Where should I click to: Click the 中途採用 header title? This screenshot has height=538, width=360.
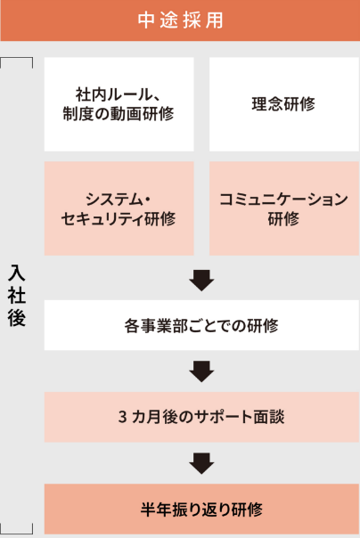pyautogui.click(x=181, y=20)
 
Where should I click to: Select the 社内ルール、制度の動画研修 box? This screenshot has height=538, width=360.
pyautogui.click(x=119, y=104)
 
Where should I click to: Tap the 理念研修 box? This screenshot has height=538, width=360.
pyautogui.click(x=284, y=104)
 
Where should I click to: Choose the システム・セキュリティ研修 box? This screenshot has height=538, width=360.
pyautogui.click(x=119, y=208)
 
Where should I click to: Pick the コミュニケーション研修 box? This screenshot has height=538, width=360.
pyautogui.click(x=284, y=208)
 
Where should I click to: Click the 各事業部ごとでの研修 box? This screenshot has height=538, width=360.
pyautogui.click(x=201, y=325)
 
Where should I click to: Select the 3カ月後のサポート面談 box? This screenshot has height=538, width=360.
pyautogui.click(x=201, y=417)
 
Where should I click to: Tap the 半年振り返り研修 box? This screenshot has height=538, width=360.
pyautogui.click(x=201, y=509)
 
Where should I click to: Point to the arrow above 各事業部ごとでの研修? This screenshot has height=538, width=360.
pyautogui.click(x=201, y=281)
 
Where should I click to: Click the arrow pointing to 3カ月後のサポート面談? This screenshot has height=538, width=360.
pyautogui.click(x=201, y=371)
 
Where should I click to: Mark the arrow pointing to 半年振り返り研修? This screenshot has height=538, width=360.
pyautogui.click(x=201, y=463)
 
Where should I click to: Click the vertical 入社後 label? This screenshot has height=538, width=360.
pyautogui.click(x=17, y=295)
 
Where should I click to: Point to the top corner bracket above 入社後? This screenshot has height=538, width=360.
pyautogui.click(x=17, y=58)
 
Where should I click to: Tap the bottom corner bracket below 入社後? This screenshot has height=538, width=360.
pyautogui.click(x=17, y=532)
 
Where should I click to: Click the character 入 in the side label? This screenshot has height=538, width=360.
pyautogui.click(x=17, y=273)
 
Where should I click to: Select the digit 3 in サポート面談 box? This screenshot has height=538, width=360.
pyautogui.click(x=122, y=417)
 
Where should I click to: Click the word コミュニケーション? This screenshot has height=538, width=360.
pyautogui.click(x=284, y=200)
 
